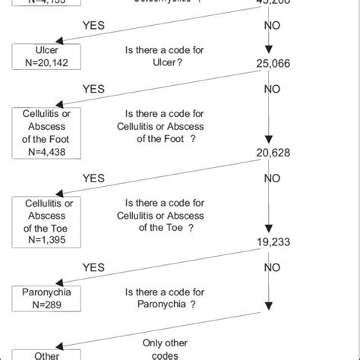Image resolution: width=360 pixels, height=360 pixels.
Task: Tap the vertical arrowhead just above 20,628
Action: [267, 141]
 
